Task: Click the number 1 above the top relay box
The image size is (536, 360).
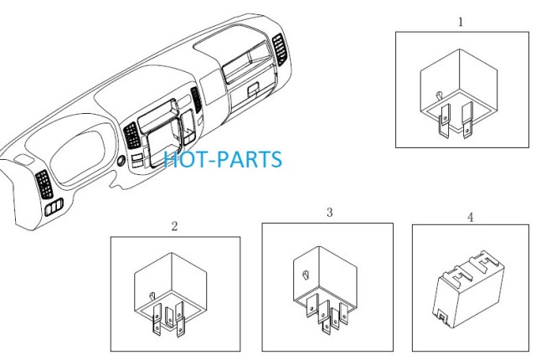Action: coord(461,23)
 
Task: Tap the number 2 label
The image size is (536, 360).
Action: coord(174,226)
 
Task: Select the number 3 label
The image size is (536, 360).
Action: coord(329,213)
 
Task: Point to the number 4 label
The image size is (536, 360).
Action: coord(471,217)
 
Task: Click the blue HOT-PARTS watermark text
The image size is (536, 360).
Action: coord(223,160)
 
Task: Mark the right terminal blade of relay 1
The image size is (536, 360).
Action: coord(467,120)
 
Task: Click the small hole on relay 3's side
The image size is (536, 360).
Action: coord(306,275)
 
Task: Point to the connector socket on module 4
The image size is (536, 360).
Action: coord(442,317)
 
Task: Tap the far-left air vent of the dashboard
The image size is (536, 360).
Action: coord(44,184)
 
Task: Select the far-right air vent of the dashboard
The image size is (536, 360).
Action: coord(280,49)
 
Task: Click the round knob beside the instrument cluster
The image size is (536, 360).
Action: coord(121,162)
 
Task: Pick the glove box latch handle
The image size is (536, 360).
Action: coord(253,89)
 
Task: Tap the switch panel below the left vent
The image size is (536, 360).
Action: coord(54,207)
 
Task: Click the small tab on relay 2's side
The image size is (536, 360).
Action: coord(152,296)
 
